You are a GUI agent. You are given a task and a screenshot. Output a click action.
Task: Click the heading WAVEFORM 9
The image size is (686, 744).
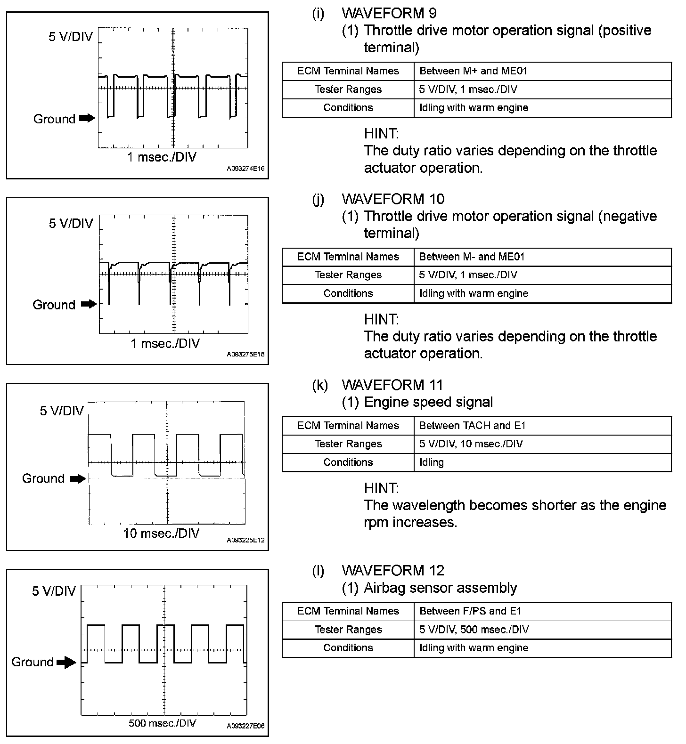point(389,13)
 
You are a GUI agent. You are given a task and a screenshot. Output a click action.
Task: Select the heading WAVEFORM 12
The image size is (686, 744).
point(393,570)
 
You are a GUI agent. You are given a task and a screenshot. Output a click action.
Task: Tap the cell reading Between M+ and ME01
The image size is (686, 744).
point(473,71)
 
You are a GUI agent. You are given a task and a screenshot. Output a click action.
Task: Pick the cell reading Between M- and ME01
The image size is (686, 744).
point(472,257)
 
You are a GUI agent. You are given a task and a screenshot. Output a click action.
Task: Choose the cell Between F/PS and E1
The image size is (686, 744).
point(470,611)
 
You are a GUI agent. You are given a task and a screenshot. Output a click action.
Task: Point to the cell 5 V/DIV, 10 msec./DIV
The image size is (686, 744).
point(471,444)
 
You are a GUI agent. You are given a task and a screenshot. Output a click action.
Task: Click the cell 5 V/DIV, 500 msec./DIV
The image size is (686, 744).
point(474,630)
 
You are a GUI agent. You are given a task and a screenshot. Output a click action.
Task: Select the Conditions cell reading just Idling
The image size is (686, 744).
point(432,462)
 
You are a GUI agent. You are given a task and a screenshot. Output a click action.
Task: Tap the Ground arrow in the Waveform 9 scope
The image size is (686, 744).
point(87,118)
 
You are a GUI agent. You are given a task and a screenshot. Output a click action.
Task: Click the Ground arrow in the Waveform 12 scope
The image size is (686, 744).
point(66,663)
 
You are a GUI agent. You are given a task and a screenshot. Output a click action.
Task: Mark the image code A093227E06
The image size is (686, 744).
point(245,726)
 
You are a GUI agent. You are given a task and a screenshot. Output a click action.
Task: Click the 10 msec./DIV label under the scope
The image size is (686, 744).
point(161,534)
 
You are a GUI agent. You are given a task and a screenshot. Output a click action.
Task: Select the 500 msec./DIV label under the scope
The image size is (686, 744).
point(162,723)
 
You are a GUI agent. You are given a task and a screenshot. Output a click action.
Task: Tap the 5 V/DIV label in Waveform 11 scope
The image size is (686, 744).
point(61,411)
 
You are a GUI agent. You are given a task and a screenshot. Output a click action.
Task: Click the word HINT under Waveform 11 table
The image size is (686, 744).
point(381,488)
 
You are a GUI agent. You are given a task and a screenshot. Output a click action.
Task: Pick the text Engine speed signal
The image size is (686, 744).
point(428,402)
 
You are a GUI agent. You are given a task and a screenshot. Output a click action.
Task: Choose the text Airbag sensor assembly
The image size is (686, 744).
point(440,588)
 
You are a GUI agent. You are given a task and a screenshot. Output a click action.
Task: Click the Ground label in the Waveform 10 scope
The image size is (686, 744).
point(54,305)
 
